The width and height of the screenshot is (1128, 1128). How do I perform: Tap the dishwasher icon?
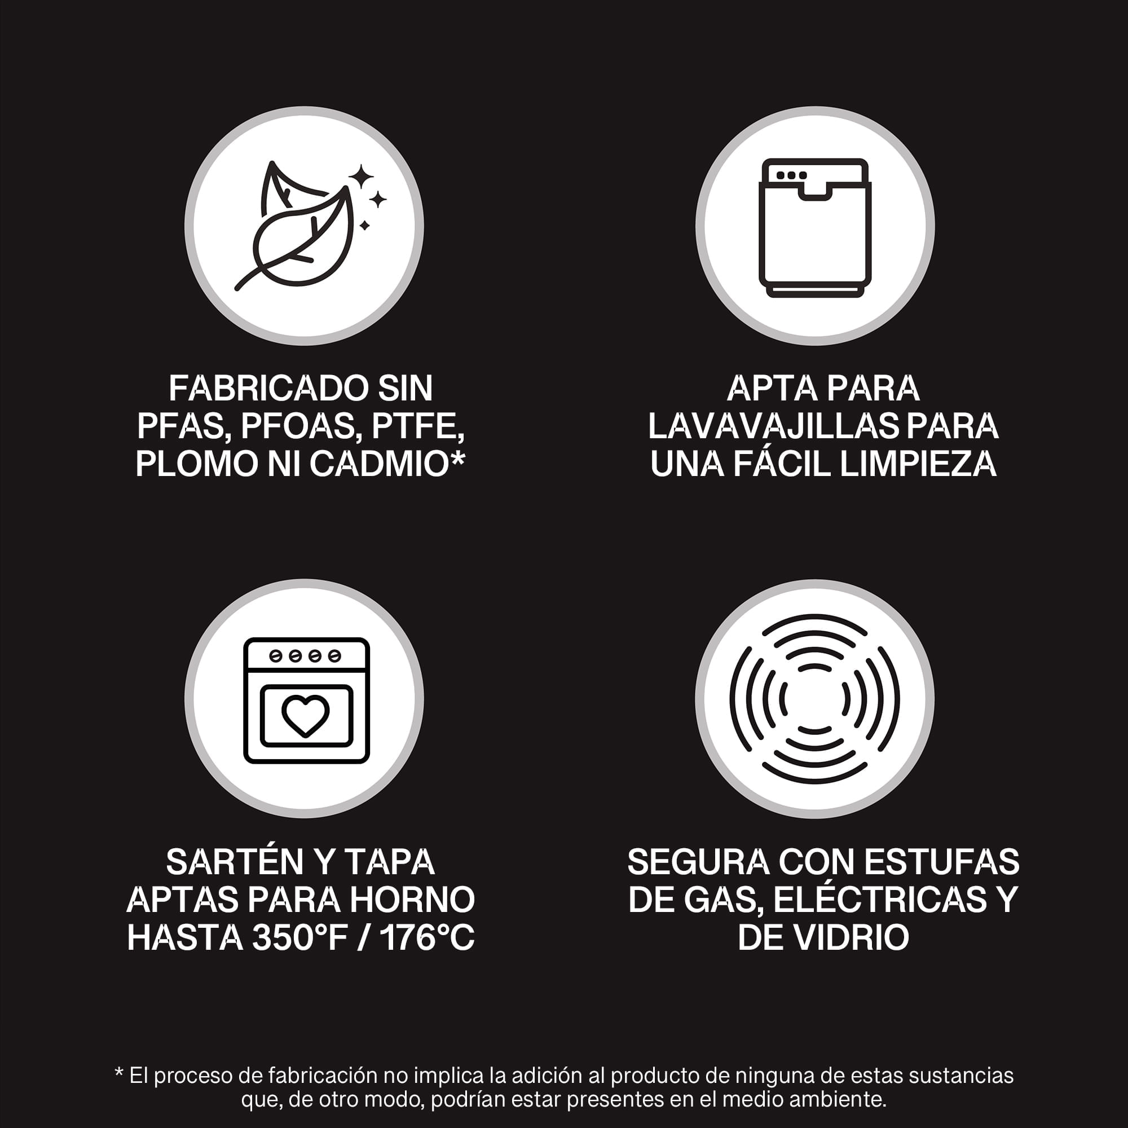814,228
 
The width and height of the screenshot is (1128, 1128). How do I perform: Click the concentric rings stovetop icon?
814,699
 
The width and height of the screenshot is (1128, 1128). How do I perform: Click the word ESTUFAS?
942,861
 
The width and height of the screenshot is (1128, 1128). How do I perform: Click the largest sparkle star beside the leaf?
361,175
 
